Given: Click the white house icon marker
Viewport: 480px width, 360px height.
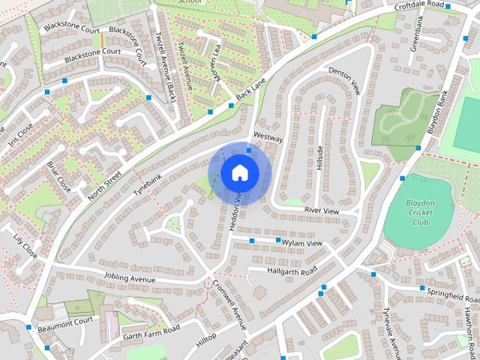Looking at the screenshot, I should pyautogui.click(x=239, y=173).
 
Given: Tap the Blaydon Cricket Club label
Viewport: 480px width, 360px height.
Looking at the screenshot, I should pyautogui.click(x=419, y=212).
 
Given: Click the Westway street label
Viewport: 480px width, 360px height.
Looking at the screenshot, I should pyautogui.click(x=268, y=139).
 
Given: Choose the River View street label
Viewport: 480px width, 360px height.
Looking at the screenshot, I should pyautogui.click(x=321, y=211).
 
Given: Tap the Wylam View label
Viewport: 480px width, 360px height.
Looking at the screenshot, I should pyautogui.click(x=301, y=244).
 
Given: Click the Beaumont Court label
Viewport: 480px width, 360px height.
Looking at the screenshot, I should pyautogui.click(x=67, y=320).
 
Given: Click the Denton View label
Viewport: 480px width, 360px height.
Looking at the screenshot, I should pyautogui.click(x=345, y=79).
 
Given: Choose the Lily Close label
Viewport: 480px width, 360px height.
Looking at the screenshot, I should pyautogui.click(x=25, y=245).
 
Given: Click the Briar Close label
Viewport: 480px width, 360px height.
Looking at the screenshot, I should pyautogui.click(x=58, y=175).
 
